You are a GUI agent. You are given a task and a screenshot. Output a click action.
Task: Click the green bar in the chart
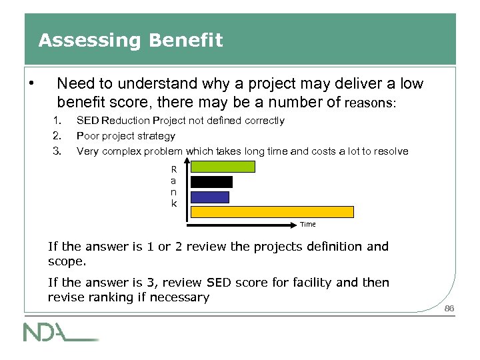coord(223,167)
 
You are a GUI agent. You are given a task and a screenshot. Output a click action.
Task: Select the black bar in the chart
coord(211,181)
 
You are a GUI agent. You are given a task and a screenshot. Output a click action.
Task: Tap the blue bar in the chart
coord(209,197)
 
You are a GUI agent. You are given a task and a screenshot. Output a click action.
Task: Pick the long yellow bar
coord(272,212)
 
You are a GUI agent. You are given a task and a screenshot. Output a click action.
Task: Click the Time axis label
coord(307,225)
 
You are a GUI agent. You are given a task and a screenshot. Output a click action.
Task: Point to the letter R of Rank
coord(174,169)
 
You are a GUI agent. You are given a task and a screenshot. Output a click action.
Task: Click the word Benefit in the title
coord(186,41)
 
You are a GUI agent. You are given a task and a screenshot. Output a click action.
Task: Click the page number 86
coord(449,309)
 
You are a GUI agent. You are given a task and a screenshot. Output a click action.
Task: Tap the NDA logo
coord(60,331)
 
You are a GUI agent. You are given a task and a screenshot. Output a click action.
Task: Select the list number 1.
coord(57,121)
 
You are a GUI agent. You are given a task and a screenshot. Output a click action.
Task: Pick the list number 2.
coord(57,136)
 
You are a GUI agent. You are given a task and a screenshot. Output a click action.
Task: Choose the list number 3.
coord(57,151)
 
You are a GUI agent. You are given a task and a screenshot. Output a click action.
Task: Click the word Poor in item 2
coord(88,136)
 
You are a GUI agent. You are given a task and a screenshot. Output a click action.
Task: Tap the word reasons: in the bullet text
coord(370,104)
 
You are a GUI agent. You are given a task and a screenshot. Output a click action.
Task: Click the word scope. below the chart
coord(67,261)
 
